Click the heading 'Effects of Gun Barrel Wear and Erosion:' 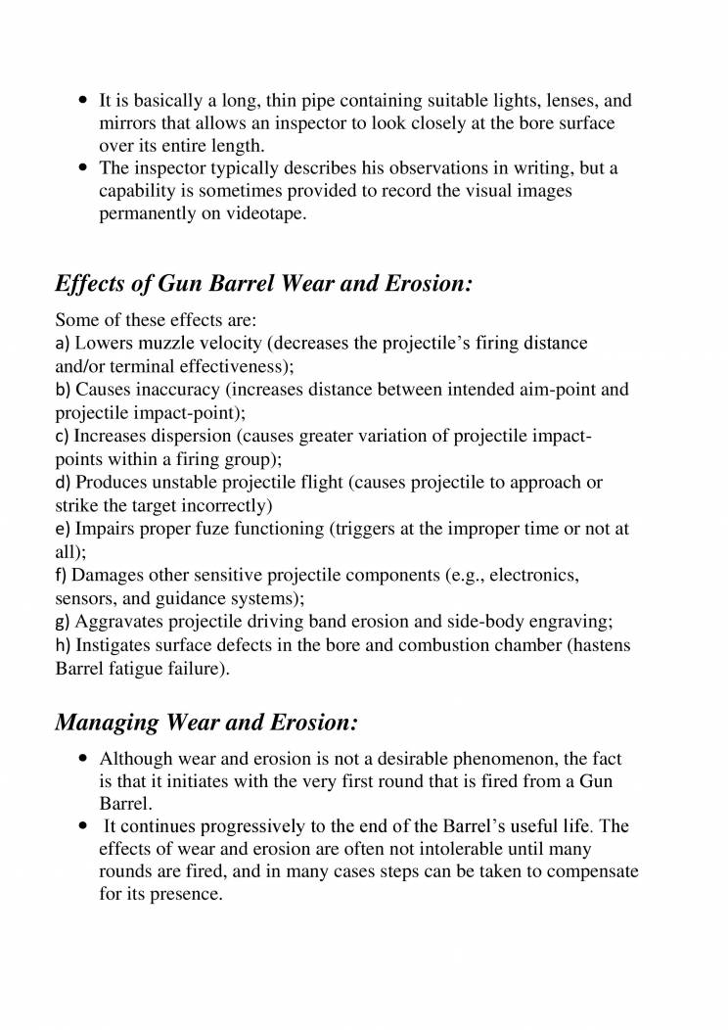point(264,285)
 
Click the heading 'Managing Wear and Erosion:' point(206,723)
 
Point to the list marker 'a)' point(63,344)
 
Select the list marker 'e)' point(63,529)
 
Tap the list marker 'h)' point(63,645)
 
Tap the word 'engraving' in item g point(575,622)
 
